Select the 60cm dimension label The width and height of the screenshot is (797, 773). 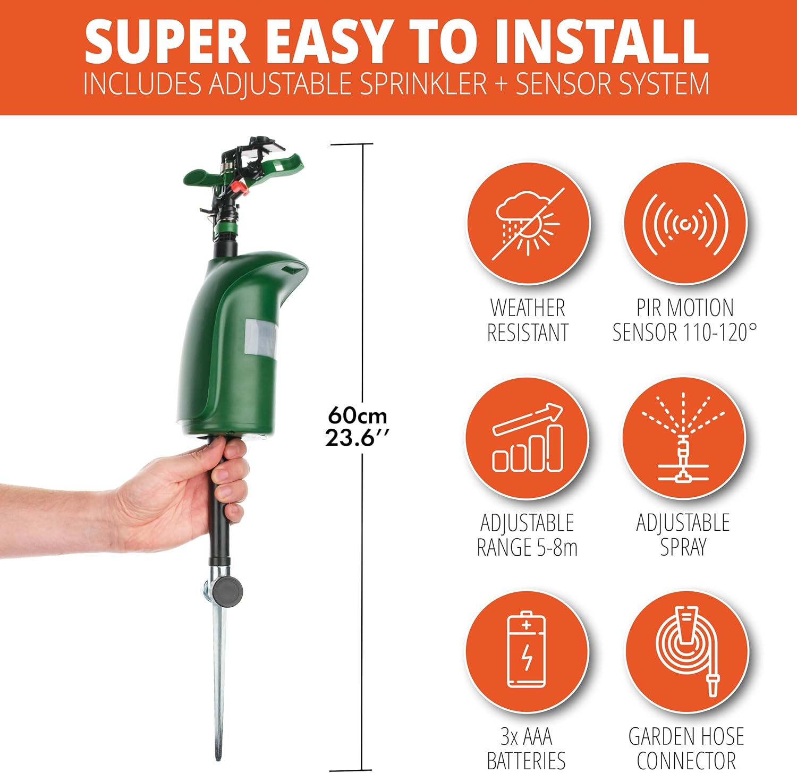coord(357,415)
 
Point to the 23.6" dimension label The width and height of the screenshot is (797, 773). coord(357,438)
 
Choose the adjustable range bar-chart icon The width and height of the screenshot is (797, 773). coord(527,438)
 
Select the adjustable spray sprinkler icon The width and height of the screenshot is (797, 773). coord(684,438)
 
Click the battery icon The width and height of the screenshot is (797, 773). coord(527,651)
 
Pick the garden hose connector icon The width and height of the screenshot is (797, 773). coord(686,651)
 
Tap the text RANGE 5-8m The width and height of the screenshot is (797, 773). coord(527,548)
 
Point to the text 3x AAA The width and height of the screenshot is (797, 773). coord(526,737)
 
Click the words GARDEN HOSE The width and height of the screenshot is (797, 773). coord(686,737)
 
